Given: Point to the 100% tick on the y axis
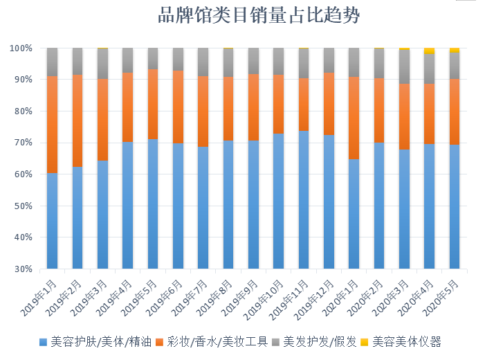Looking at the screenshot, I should (21, 48).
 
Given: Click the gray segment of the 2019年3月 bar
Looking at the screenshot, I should (102, 64).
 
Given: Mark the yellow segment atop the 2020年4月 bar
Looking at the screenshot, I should (430, 51).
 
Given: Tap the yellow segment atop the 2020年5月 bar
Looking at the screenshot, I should (455, 50).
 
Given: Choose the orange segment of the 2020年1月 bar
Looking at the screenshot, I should (354, 118).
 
